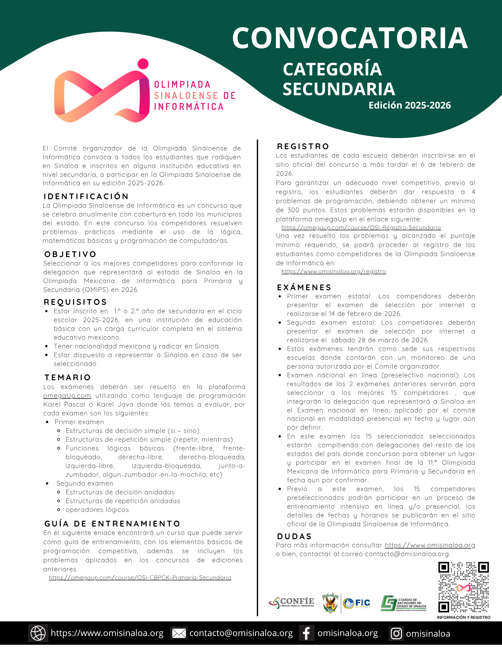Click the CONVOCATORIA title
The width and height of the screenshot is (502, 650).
click(350, 38)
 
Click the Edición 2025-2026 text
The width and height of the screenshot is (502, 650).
click(409, 105)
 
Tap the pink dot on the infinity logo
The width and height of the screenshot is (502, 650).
click(143, 64)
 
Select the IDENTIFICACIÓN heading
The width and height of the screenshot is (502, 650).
click(86, 196)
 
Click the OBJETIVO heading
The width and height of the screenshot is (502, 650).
click(71, 254)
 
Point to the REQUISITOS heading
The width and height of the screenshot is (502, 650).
click(75, 302)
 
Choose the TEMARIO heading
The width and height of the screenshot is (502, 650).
click(68, 377)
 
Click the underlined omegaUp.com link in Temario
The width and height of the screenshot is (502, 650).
click(67, 396)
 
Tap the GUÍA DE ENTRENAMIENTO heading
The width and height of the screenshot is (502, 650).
click(112, 524)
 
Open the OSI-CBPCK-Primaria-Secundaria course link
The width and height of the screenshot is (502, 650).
click(140, 578)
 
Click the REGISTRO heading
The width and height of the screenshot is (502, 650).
click(303, 146)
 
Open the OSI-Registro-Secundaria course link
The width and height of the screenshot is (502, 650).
click(361, 227)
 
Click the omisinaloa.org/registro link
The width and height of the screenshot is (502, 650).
click(334, 271)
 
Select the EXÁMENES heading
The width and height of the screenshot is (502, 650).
click(304, 287)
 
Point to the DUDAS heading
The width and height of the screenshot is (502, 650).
click(294, 536)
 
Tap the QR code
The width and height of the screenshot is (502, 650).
click(463, 587)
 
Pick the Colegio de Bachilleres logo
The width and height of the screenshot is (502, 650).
click(404, 604)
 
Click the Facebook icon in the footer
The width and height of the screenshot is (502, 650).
click(306, 633)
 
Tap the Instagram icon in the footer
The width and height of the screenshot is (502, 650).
click(396, 633)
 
